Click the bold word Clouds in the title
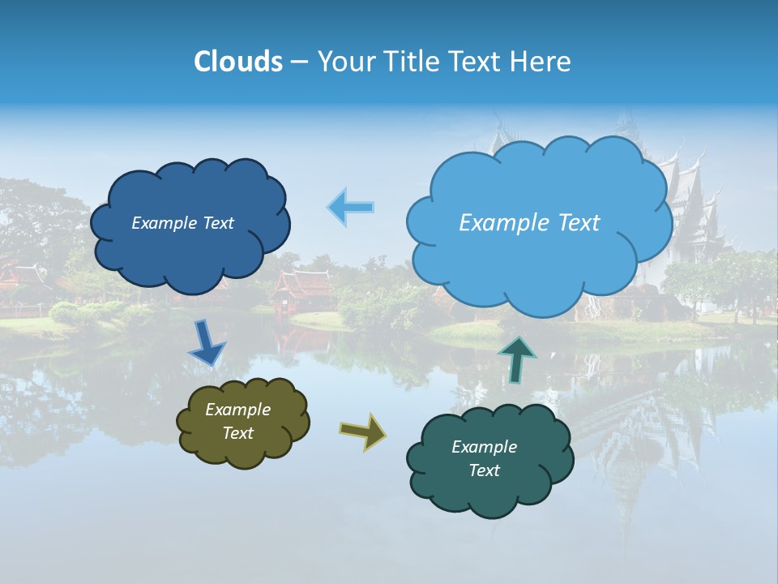click(237, 61)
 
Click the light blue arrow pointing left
click(351, 207)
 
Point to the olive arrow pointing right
click(362, 431)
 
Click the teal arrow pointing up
click(517, 359)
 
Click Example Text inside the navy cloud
click(182, 223)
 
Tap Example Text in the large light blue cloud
click(529, 222)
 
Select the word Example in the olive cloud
click(237, 410)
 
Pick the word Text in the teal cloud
click(484, 470)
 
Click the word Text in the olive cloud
click(237, 433)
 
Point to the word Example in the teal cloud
click(484, 447)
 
